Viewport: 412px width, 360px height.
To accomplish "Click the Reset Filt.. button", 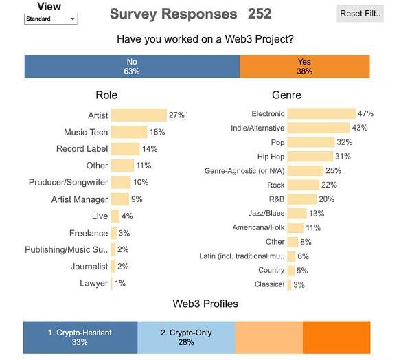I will tap(360, 13).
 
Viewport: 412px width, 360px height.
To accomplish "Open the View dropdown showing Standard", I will tap(51, 19).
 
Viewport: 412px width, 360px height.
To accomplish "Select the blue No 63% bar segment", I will tap(132, 67).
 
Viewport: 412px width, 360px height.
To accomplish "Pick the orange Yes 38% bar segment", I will tap(304, 67).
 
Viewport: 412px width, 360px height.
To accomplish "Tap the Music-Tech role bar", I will tap(129, 132).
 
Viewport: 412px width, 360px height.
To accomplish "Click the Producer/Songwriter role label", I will tap(68, 183).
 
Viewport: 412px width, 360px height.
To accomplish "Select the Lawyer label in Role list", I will tap(93, 283).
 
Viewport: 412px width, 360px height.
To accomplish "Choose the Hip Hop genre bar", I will tap(310, 157).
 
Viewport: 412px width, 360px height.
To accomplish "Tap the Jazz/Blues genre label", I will tap(266, 214).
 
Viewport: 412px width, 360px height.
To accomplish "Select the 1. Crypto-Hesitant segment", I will tap(80, 337).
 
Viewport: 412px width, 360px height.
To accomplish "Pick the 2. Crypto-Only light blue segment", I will tap(186, 337).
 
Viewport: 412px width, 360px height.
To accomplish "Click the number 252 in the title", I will tap(255, 14).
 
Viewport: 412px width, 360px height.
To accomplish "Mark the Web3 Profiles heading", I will tap(205, 304).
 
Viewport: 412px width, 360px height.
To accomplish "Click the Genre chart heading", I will tap(286, 95).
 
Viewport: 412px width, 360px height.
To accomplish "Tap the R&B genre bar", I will tap(302, 199).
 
